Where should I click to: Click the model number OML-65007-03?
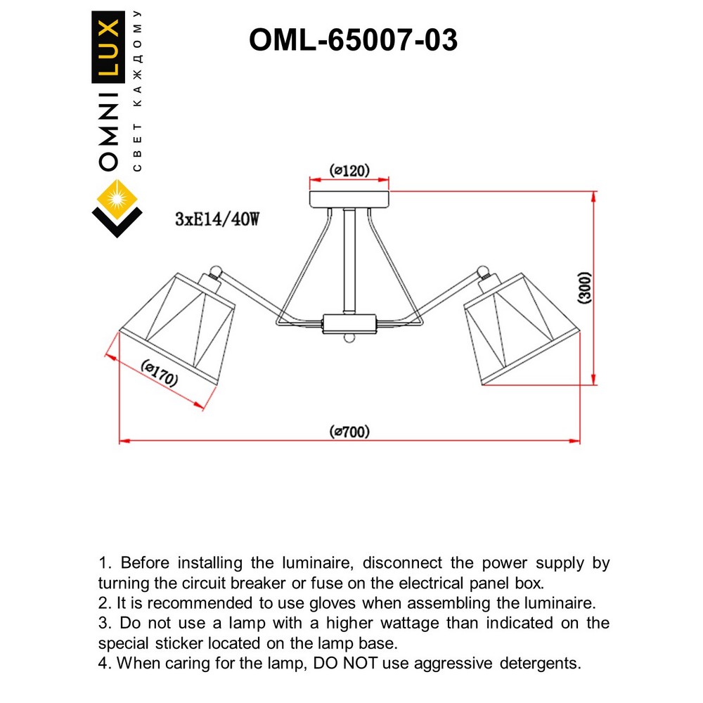(x=353, y=41)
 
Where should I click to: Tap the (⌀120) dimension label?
(x=349, y=170)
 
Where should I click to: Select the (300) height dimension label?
(x=585, y=288)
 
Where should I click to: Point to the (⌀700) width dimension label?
(x=349, y=432)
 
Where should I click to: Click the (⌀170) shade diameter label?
(x=160, y=373)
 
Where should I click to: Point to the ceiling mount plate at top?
(x=349, y=198)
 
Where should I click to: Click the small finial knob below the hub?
(x=349, y=340)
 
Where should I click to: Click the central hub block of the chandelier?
(x=349, y=324)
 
